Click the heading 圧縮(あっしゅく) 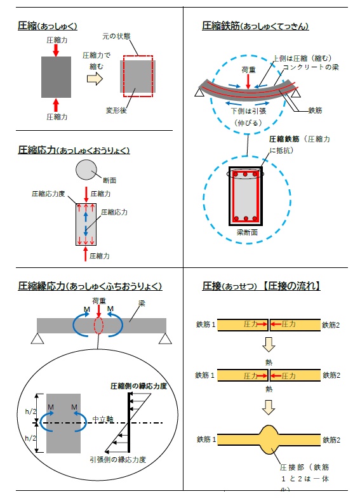point(48,26)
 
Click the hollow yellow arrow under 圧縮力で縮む point(94,78)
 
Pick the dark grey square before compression point(56,77)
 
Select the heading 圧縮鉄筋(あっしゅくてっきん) point(255,26)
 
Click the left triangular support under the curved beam point(199,93)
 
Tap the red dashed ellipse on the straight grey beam point(98,324)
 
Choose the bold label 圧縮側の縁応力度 point(138,385)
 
